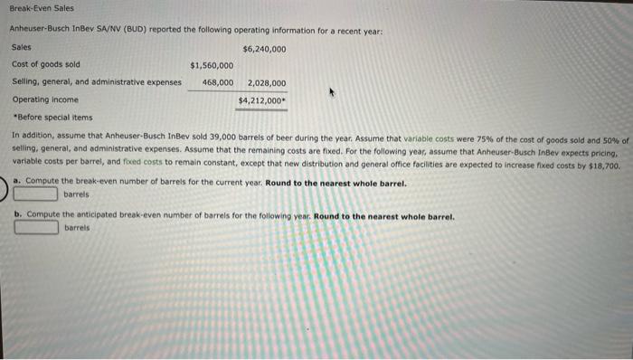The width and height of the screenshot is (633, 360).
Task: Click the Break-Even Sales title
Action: coord(37,8)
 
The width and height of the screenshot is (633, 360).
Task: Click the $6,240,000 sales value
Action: coord(264,49)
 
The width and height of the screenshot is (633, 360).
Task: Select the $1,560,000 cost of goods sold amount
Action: coord(212,65)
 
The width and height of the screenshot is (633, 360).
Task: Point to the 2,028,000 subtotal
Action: coord(266,82)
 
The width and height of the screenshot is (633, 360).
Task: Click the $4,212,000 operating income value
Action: coord(262,99)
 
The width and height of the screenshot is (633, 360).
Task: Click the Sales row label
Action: coord(21,47)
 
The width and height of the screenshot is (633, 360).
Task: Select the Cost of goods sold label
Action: coord(45,64)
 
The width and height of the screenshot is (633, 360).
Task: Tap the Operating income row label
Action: coord(45,99)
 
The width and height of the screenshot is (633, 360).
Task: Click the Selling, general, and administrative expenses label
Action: coord(96,81)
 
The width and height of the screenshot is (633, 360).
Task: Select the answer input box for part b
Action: coord(37,228)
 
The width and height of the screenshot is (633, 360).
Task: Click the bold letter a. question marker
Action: coord(17,182)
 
